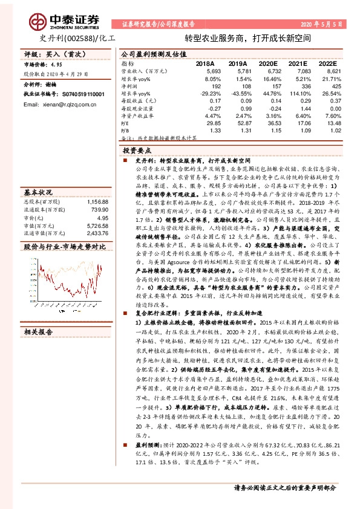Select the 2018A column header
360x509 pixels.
coord(205,63)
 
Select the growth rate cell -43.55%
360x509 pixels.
coord(235,94)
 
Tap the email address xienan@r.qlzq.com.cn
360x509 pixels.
coord(54,87)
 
